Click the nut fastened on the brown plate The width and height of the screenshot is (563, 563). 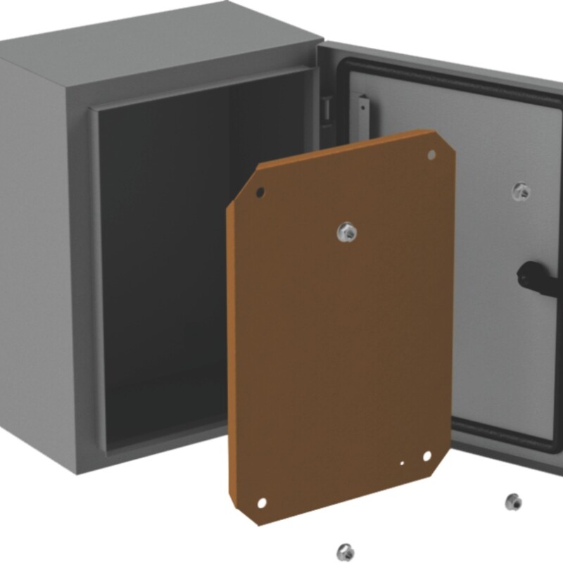pyautogui.click(x=346, y=232)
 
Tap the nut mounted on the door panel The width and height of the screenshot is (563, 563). pyautogui.click(x=521, y=190)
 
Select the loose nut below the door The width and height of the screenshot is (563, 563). pyautogui.click(x=513, y=502)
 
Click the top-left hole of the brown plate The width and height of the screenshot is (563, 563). pyautogui.click(x=260, y=191)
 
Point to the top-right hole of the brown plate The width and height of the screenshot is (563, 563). pyautogui.click(x=431, y=155)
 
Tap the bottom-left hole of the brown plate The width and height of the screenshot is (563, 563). pyautogui.click(x=261, y=503)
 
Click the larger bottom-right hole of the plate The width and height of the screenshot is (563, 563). pyautogui.click(x=426, y=457)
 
